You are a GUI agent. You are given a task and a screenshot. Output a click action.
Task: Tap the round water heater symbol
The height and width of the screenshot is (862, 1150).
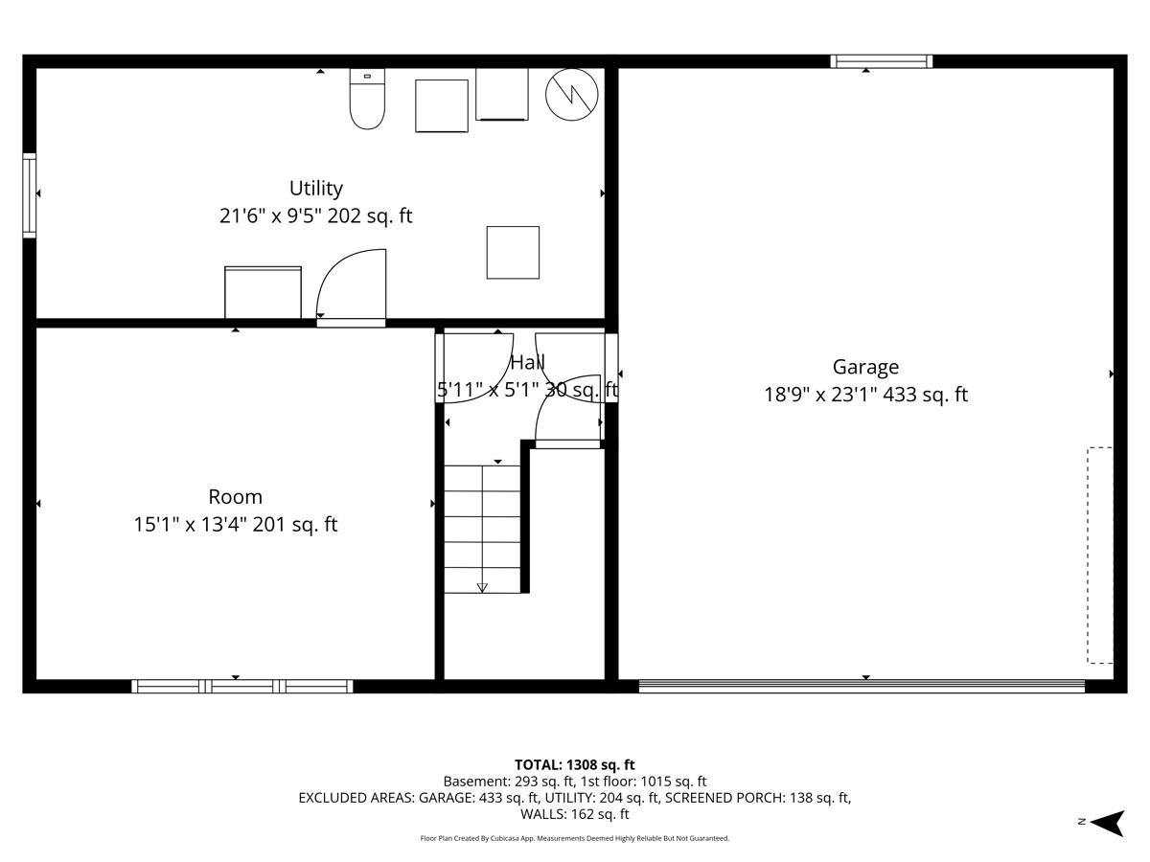tap(572, 93)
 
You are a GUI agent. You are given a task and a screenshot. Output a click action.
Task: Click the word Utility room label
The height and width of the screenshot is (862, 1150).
tap(315, 189)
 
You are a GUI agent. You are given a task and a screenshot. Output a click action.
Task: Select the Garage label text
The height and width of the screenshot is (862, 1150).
tap(865, 367)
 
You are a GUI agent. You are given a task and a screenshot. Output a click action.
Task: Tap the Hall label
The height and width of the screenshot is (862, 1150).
tap(527, 363)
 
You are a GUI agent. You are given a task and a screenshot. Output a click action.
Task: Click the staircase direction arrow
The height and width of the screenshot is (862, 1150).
tap(482, 587)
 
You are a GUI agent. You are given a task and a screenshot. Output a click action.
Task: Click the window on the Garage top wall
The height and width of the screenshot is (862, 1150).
tap(881, 61)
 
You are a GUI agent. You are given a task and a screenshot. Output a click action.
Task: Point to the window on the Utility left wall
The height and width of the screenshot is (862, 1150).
tap(30, 194)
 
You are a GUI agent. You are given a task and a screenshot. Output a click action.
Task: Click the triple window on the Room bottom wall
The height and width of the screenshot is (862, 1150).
tap(241, 686)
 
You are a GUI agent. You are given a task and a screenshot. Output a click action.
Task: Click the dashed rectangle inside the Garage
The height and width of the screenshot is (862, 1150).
tap(1100, 556)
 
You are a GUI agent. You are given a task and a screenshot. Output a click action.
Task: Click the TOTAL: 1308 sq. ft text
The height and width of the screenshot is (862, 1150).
tap(574, 764)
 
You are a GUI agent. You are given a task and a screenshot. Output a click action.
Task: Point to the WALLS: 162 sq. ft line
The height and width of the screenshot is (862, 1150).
tap(574, 814)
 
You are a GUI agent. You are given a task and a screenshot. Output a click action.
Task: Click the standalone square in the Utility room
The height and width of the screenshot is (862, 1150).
tap(513, 253)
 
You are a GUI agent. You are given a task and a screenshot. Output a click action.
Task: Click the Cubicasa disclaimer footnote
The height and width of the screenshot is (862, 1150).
tap(574, 838)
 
